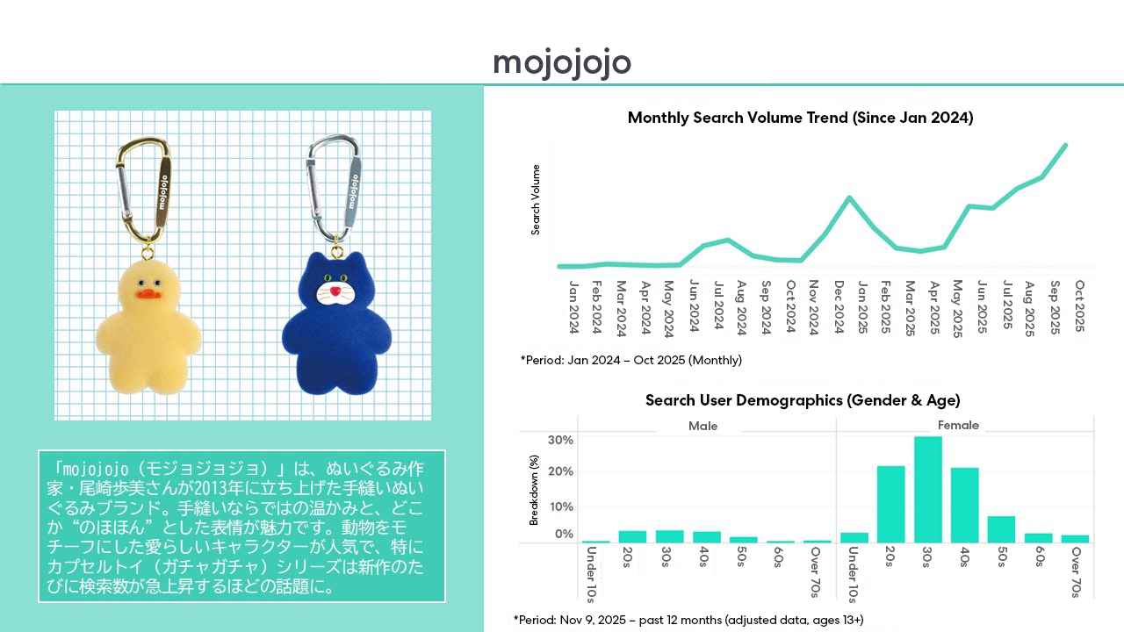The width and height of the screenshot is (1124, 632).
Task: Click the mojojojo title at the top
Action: pos(562,63)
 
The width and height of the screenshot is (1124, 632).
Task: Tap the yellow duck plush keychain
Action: pos(149,325)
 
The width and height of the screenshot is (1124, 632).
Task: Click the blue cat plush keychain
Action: pos(337,320)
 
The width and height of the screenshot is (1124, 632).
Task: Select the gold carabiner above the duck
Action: pos(145,184)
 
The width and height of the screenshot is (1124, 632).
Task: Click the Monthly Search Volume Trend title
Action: pos(800,118)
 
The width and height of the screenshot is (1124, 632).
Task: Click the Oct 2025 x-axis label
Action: pos(1079,307)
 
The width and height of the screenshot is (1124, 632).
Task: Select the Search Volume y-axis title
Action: pos(536,199)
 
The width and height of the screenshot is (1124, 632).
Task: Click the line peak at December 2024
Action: pos(849,197)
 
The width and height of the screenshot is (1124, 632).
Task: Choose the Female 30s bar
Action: pos(927,490)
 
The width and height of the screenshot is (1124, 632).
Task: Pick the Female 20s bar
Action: pos(890,504)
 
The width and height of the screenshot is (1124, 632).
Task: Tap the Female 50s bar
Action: pos(1001,529)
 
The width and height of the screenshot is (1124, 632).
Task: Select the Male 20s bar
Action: pos(632,536)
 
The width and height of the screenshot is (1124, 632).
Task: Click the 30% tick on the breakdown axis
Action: pos(560,440)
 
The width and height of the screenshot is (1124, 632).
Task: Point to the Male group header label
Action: pos(702,426)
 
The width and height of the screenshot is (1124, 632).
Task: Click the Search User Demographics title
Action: pos(803,400)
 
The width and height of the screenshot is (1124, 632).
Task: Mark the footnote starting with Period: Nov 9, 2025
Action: pos(688,620)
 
